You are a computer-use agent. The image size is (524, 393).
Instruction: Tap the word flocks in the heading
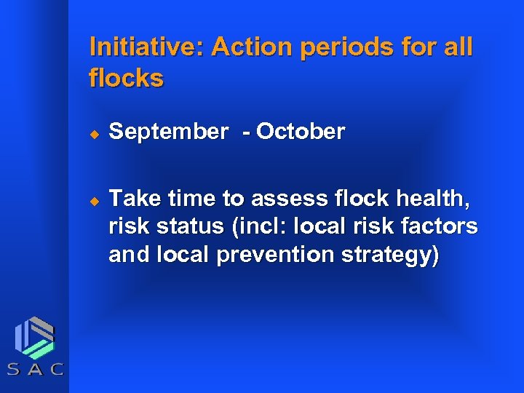[126, 78]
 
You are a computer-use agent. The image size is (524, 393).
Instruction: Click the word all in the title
[456, 47]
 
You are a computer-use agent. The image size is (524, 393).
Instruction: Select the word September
[168, 132]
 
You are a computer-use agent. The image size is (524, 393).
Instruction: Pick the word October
[301, 132]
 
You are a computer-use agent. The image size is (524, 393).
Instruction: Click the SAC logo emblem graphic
[34, 336]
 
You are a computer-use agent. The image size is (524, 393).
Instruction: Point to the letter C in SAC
[57, 369]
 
